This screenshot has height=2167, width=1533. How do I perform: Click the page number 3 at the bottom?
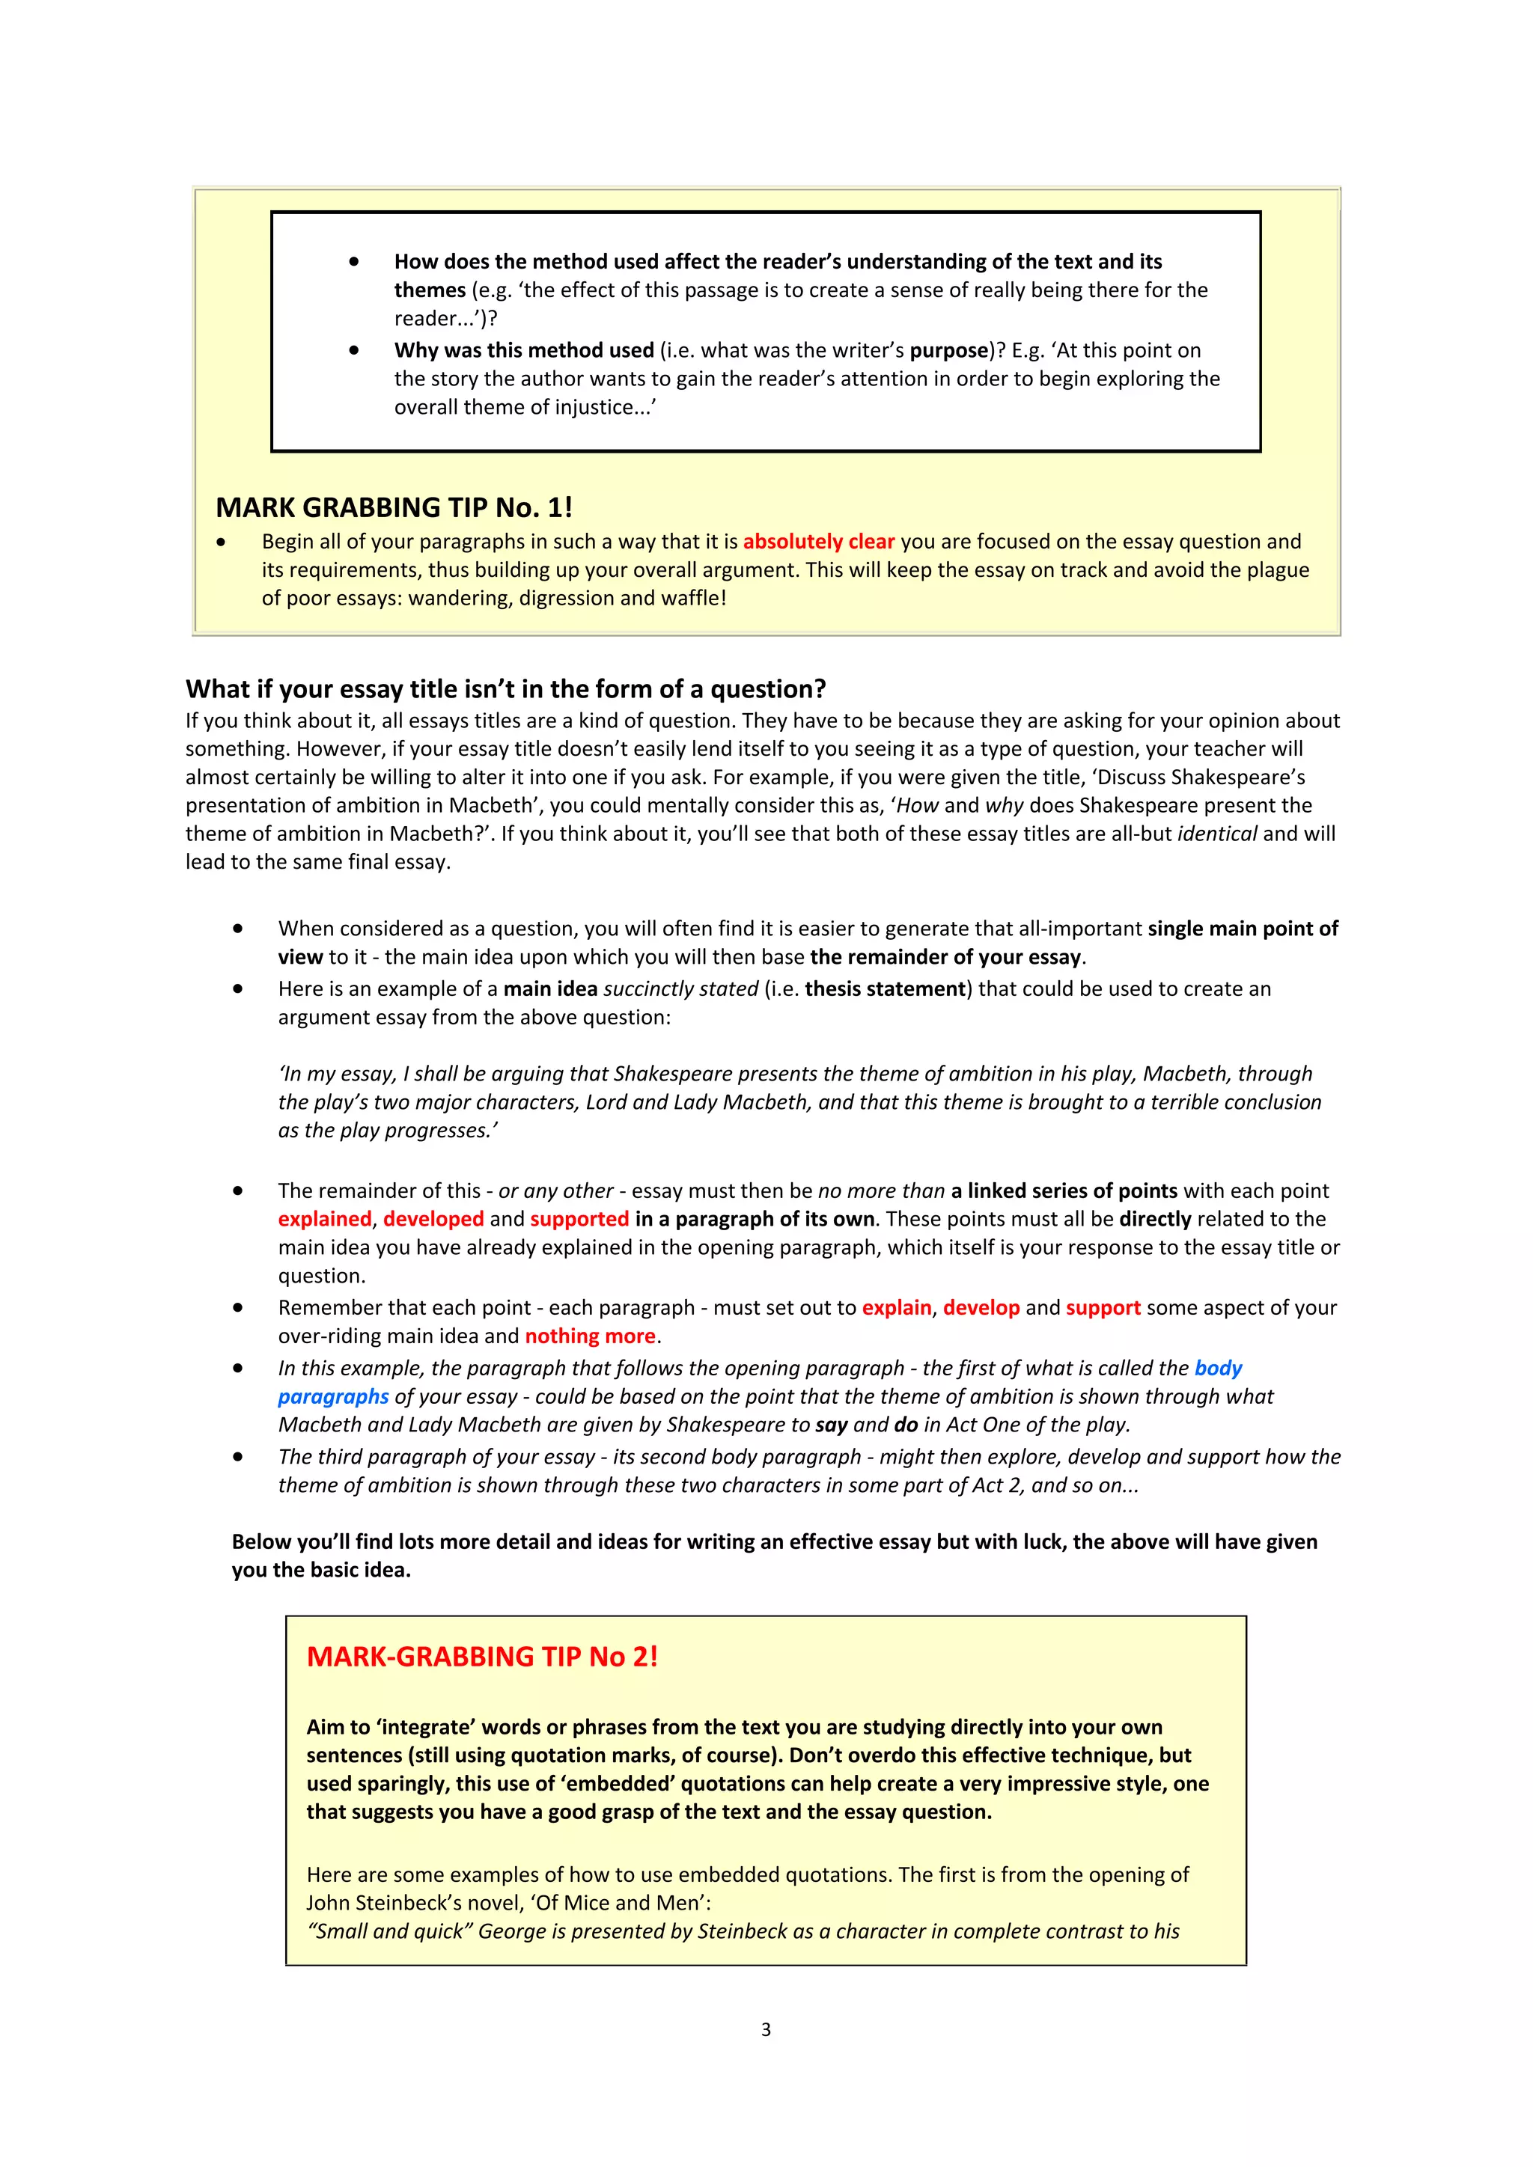766,2029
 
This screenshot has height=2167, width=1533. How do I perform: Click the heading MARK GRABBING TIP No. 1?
394,508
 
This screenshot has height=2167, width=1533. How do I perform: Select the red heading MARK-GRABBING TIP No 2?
481,1657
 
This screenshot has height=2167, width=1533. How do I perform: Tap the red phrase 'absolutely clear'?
818,542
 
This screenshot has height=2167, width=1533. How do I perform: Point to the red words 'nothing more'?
590,1336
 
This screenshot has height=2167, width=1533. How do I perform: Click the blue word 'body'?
1218,1369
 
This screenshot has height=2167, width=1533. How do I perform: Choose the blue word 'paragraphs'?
333,1397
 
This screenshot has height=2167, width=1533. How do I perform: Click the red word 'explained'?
325,1220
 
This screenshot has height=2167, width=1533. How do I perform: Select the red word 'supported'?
579,1220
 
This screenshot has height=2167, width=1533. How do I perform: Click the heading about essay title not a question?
505,689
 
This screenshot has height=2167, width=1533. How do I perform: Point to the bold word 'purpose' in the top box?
948,351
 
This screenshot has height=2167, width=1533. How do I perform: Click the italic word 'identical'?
1217,834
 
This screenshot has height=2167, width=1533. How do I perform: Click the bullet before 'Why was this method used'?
354,350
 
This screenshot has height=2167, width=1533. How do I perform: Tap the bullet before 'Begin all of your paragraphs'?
221,542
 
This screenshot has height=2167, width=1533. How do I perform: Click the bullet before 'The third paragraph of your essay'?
238,1457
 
